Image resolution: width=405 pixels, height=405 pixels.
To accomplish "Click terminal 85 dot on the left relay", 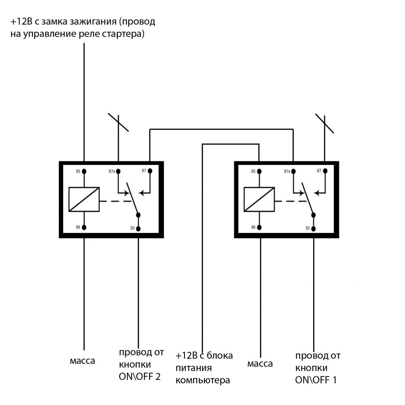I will [84, 171].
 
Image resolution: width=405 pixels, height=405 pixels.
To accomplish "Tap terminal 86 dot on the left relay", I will [84, 227].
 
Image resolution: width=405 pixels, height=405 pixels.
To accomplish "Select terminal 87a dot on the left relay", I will [118, 171].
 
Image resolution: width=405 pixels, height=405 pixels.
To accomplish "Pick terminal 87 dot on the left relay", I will [150, 171].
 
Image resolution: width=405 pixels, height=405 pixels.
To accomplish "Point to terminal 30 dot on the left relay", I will [138, 228].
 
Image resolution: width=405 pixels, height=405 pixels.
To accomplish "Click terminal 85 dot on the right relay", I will [259, 171].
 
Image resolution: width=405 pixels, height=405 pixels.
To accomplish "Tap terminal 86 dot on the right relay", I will [259, 227].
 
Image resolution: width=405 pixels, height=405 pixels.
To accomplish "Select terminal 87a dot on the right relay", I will [293, 171].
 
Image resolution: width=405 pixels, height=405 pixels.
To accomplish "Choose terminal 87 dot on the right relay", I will [325, 171].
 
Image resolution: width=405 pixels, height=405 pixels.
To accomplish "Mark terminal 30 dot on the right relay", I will [313, 228].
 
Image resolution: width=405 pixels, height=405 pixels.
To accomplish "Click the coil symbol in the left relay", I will [84, 199].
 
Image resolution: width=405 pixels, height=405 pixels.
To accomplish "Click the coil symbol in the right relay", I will [259, 199].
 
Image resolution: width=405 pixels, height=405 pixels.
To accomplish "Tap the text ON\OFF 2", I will [139, 377].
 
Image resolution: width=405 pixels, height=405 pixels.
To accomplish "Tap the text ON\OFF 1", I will [316, 380].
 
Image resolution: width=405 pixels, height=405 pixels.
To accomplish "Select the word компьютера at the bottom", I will [203, 380].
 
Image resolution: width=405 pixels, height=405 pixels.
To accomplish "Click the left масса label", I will [82, 361].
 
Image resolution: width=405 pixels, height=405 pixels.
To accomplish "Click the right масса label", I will [260, 364].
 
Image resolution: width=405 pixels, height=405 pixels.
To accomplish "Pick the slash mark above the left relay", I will [118, 123].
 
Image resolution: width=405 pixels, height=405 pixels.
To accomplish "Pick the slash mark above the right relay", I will [325, 124].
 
